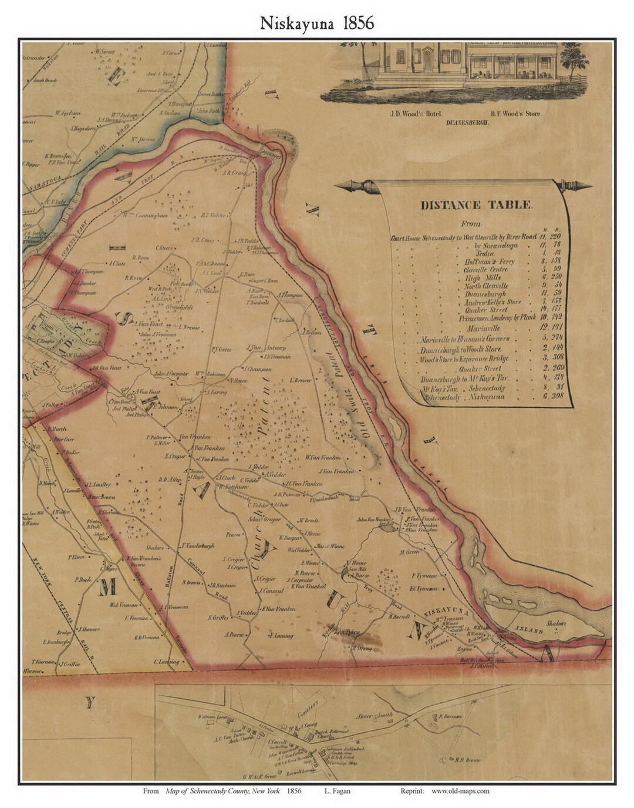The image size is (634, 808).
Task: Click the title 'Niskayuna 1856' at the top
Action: (x=317, y=23)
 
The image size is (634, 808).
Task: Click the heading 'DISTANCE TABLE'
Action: (x=476, y=206)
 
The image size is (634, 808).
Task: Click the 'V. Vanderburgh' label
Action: (x=198, y=546)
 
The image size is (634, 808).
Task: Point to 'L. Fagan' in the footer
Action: (x=337, y=791)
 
